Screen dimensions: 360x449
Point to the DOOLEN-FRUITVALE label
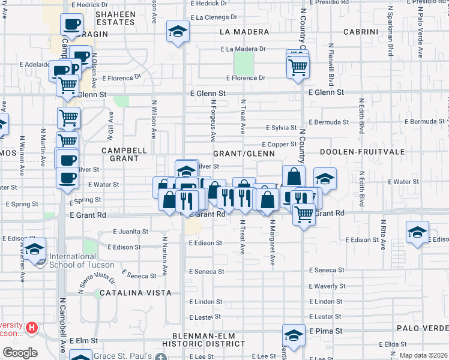coord(356,152)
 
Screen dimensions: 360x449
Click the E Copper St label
coord(280,144)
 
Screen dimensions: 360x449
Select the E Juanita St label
coord(131,232)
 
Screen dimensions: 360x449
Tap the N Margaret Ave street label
coord(272,242)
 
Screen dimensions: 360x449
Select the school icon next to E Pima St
coord(294,335)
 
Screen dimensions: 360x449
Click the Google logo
coord(20,353)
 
